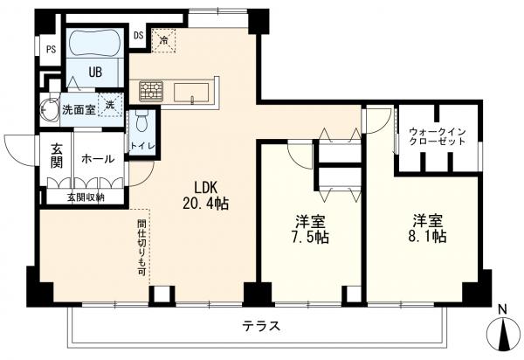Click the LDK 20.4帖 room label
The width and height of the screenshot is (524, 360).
click(205, 195)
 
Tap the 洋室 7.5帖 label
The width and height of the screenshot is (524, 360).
click(310, 229)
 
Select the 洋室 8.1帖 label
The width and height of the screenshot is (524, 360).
click(427, 228)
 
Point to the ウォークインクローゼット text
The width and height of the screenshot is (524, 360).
click(438, 136)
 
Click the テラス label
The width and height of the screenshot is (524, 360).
click(261, 325)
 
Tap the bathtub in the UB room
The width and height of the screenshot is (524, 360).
click(95, 44)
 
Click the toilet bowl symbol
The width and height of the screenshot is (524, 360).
click(141, 121)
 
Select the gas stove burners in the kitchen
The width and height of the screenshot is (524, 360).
click(151, 91)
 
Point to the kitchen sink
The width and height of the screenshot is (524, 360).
click(191, 93)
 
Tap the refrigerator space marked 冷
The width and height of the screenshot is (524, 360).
click(163, 40)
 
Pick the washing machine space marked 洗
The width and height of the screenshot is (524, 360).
click(110, 105)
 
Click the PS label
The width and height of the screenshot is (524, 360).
click(52, 50)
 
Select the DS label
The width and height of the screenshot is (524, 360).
click(139, 36)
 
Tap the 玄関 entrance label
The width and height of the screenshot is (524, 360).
click(56, 156)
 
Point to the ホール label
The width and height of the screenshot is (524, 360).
click(98, 159)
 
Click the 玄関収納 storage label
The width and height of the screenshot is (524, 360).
click(86, 197)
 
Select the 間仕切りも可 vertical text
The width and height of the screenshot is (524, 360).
click(141, 247)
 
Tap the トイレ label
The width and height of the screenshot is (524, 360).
click(142, 146)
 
